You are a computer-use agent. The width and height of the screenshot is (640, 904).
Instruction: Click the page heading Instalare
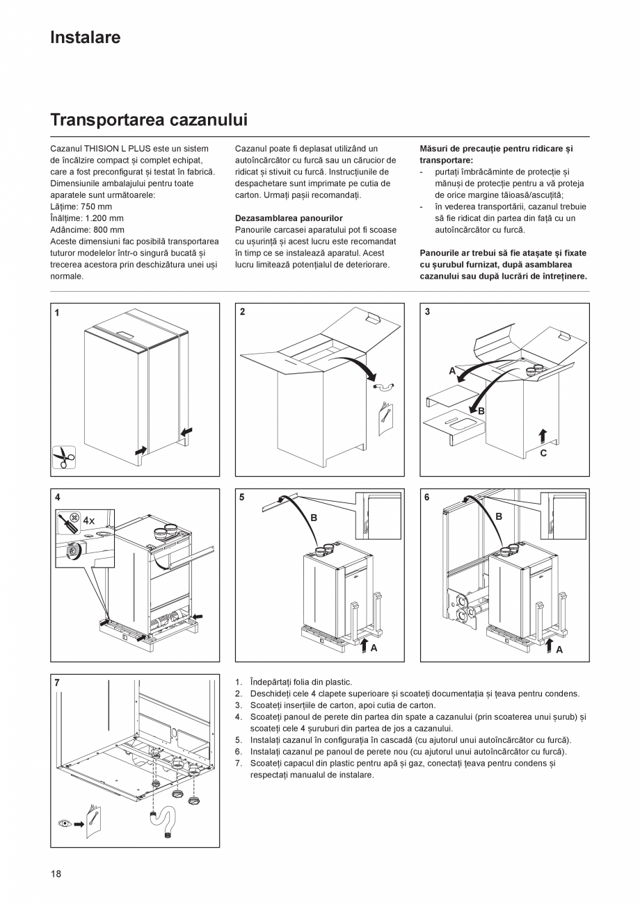(85, 38)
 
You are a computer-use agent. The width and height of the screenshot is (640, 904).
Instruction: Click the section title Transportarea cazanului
(149, 120)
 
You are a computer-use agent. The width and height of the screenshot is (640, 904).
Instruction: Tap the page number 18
(56, 873)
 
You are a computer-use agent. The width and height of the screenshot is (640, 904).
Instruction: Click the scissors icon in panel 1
(64, 457)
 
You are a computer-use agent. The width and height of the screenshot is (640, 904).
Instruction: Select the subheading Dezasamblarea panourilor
(289, 218)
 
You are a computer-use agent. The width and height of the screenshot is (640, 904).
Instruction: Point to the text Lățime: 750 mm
(81, 206)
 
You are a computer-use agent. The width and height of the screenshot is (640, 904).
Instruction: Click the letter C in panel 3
(543, 453)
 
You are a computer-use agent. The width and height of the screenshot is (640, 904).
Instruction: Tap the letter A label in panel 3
(452, 371)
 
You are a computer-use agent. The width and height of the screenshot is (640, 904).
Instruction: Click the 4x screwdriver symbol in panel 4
(77, 520)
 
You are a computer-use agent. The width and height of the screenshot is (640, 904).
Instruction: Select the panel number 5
(242, 498)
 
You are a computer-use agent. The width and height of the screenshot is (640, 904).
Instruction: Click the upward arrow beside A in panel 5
(363, 646)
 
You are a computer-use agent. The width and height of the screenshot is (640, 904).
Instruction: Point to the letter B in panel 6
(499, 517)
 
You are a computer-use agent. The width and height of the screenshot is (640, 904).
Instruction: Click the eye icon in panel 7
(65, 824)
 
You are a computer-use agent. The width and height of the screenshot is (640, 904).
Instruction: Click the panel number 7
(57, 683)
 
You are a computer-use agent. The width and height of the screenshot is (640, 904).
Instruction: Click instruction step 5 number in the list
(238, 740)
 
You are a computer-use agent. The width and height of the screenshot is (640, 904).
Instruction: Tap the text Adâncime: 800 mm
(88, 229)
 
